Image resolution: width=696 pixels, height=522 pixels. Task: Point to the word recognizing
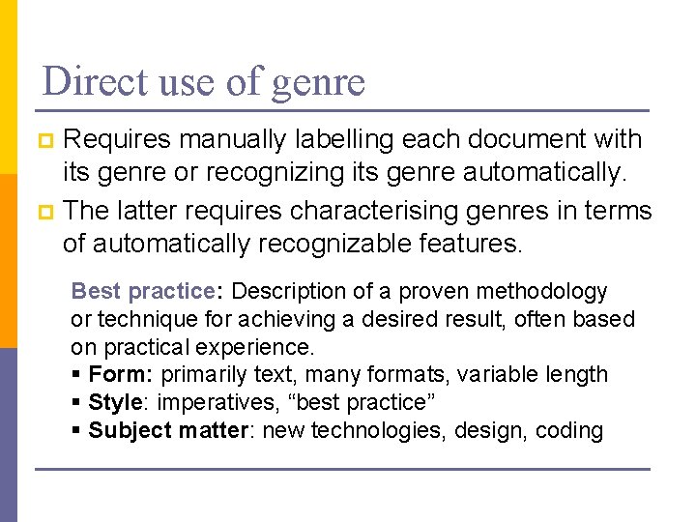(x=300, y=175)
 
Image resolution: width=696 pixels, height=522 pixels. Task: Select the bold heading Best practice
(x=141, y=291)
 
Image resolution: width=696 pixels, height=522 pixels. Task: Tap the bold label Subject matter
(x=168, y=430)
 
